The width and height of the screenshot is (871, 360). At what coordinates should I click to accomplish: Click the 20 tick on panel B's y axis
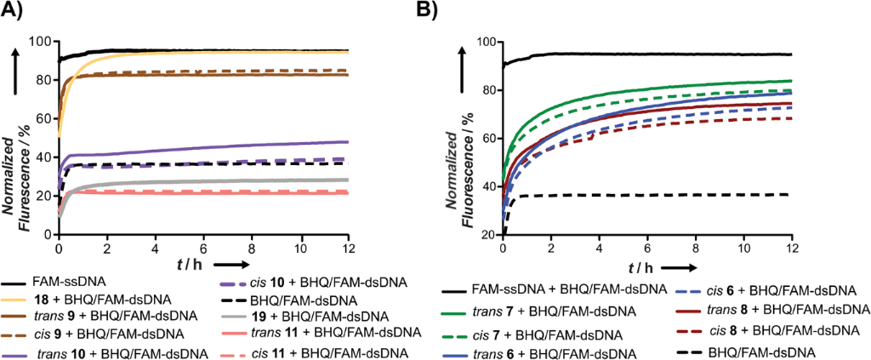[x=487, y=235]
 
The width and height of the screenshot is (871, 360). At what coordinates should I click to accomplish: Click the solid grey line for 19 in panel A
[x=213, y=181]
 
